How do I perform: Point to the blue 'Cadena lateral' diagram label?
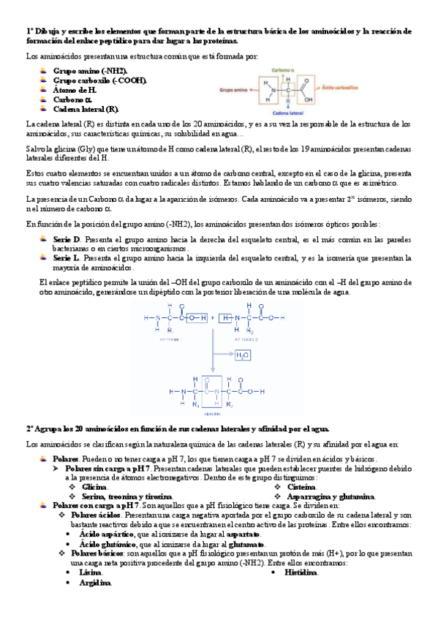pos(290,113)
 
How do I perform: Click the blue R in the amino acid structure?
pos(290,102)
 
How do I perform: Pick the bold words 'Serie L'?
pos(67,258)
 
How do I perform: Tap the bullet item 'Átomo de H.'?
pos(75,89)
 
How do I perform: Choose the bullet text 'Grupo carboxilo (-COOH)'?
pos(99,80)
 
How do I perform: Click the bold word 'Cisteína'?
pos(301,486)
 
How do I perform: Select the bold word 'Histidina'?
pos(301,572)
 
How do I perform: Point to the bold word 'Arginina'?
pos(95,583)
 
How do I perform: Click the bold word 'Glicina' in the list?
pos(94,486)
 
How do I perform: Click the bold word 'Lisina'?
pos(91,572)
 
